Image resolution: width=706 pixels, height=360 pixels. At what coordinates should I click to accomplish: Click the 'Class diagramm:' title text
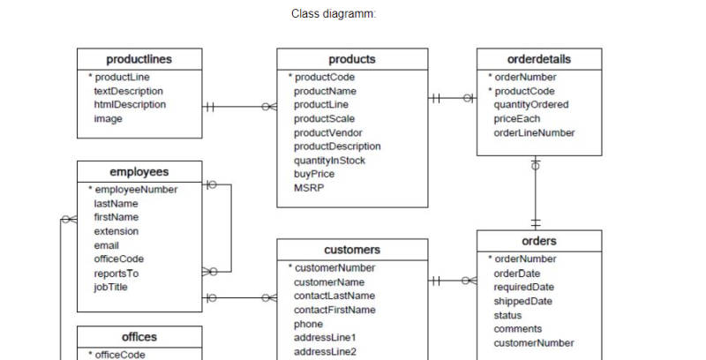[333, 14]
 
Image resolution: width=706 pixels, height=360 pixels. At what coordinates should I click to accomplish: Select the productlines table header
[139, 60]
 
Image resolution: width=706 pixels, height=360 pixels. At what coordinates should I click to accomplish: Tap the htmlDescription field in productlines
[130, 105]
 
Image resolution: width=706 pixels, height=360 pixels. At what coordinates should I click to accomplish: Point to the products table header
[352, 60]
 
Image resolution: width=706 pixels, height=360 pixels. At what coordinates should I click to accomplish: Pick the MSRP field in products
[309, 189]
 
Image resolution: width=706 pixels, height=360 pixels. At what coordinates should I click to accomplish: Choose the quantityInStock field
[329, 161]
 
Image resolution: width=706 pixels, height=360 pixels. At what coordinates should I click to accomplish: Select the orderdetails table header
[539, 60]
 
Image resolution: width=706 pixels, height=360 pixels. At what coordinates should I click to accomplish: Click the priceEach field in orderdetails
[517, 119]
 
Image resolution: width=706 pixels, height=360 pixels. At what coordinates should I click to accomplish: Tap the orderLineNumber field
[534, 133]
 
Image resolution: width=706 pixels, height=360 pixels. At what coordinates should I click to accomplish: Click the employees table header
[139, 172]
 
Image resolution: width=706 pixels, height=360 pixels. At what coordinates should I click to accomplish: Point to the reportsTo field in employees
[116, 274]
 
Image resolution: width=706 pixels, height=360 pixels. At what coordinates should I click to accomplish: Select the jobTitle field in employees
[111, 288]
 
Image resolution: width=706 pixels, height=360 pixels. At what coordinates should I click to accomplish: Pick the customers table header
[352, 250]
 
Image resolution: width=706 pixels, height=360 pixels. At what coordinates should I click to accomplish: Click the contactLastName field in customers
[334, 296]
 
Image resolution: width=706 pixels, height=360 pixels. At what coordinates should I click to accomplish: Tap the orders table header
[539, 241]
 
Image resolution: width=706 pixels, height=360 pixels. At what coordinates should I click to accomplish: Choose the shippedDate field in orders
[523, 301]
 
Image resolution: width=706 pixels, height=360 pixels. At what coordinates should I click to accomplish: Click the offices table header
[139, 337]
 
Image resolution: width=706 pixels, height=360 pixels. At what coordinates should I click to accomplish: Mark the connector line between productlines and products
[239, 107]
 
